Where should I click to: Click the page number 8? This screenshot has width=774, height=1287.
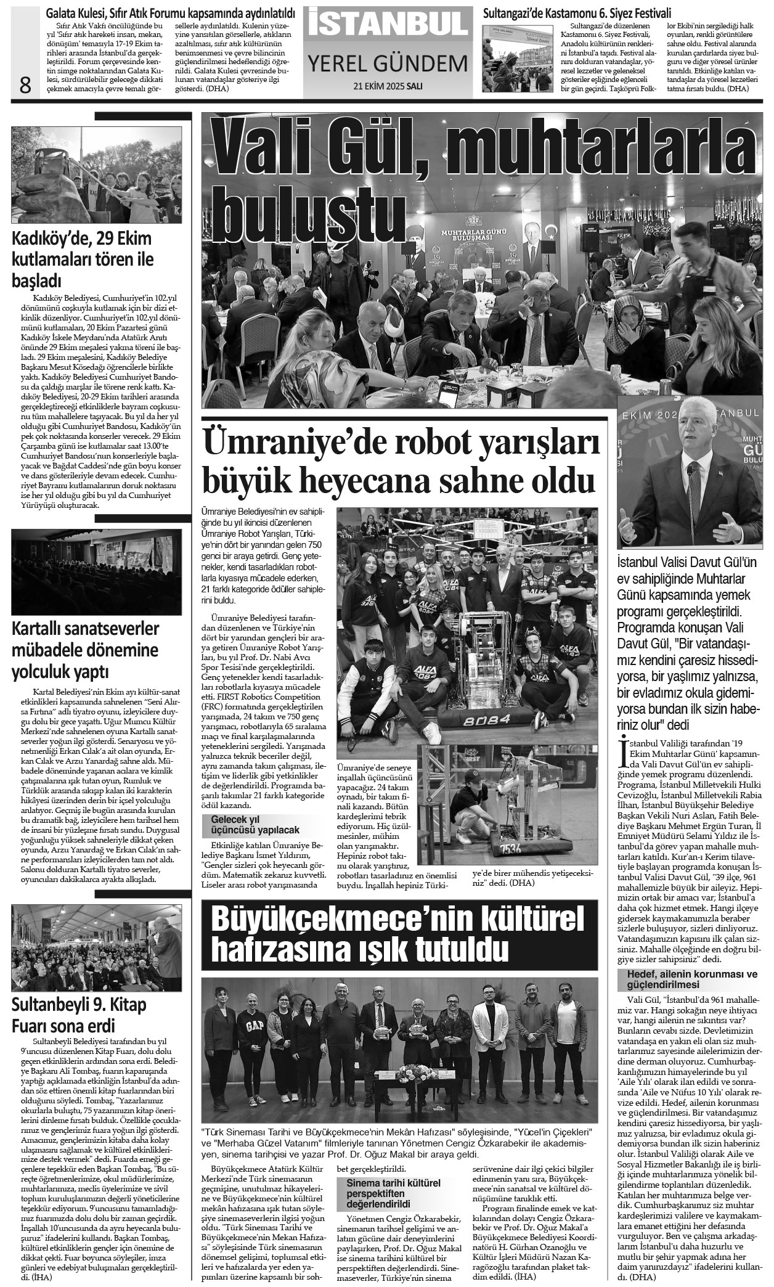point(25,84)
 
